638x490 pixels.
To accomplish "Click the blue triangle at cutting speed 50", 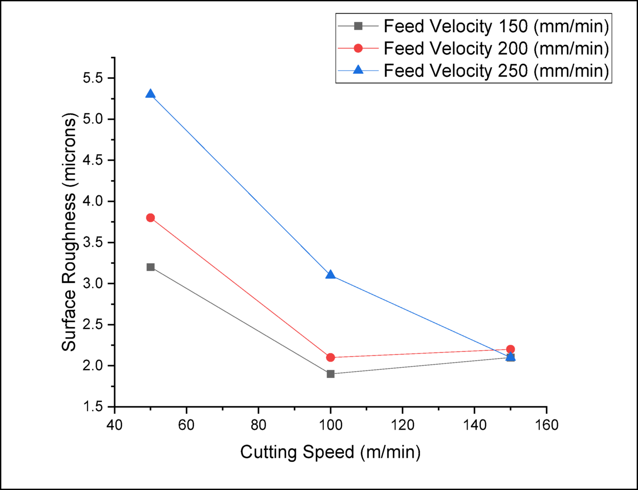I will [x=150, y=94].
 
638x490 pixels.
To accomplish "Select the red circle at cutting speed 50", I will [x=150, y=218].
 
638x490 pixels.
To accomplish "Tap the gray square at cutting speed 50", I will [x=150, y=267].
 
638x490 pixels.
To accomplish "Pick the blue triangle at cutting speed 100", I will [x=331, y=275].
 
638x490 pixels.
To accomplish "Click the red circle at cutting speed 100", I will [x=331, y=358].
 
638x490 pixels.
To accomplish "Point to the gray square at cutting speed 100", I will [x=331, y=374].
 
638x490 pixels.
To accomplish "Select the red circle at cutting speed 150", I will [x=510, y=349].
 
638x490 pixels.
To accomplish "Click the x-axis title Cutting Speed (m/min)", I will [x=331, y=452].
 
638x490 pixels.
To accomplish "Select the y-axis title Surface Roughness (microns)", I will [x=69, y=232].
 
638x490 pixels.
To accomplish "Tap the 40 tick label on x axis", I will [x=114, y=425].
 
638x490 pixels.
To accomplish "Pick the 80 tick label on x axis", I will [x=258, y=425].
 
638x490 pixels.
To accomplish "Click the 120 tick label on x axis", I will [x=402, y=425].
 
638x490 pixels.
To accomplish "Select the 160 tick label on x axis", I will [x=546, y=425].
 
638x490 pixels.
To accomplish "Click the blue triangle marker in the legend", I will [x=358, y=70].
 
